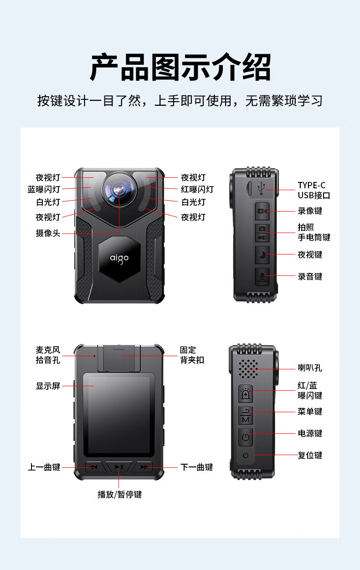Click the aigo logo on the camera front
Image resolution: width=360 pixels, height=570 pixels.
coord(119,259)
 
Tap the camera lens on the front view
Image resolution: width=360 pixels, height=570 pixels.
coord(119,189)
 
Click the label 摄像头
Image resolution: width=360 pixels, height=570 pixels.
coord(48,233)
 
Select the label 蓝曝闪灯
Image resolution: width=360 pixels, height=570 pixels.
coord(44,189)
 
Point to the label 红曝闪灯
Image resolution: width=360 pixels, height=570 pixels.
coord(197,189)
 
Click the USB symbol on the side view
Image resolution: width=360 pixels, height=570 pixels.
coord(261,188)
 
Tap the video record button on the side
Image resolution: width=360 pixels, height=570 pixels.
coord(262,211)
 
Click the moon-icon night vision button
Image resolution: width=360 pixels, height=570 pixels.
coord(262,254)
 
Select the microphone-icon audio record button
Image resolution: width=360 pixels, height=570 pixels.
coord(262,276)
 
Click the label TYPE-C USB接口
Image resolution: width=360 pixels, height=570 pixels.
coord(314,190)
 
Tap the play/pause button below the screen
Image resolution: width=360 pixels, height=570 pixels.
coord(119,467)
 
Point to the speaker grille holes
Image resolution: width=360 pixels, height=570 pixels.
coord(248,369)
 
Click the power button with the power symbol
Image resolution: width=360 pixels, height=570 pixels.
coord(246,437)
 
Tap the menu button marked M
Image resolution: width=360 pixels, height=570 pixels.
coord(246,415)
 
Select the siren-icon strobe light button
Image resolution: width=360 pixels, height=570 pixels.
coord(246,394)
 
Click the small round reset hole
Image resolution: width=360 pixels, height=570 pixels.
coord(246,456)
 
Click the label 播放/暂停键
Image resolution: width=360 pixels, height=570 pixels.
coord(120,494)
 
